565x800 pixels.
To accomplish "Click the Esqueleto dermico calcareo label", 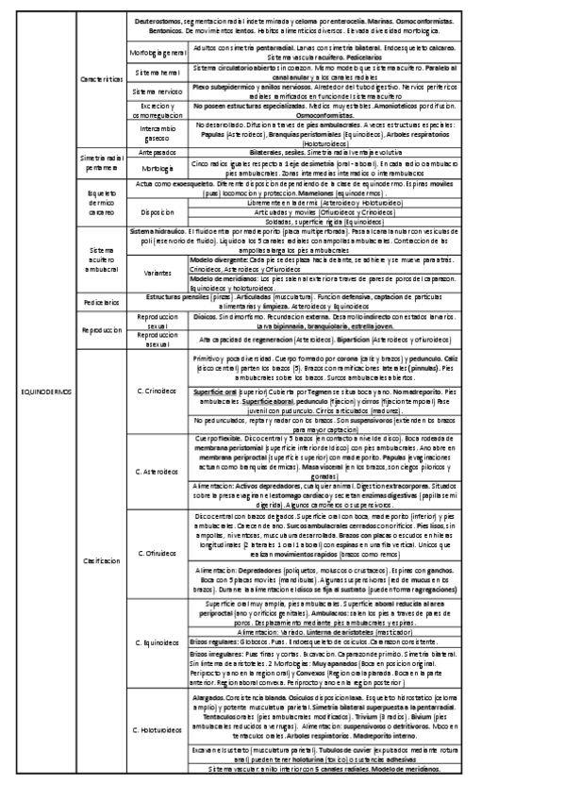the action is tap(101, 200).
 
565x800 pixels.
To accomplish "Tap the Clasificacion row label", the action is tap(101, 560).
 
